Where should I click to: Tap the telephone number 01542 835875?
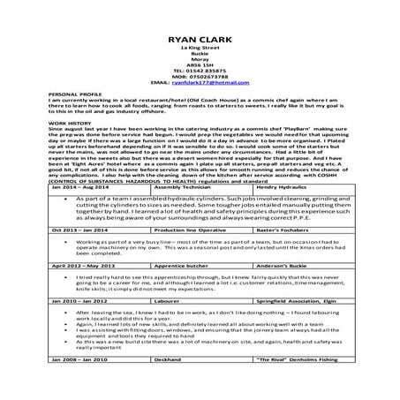(x=200, y=70)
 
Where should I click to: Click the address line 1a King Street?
(x=200, y=49)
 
